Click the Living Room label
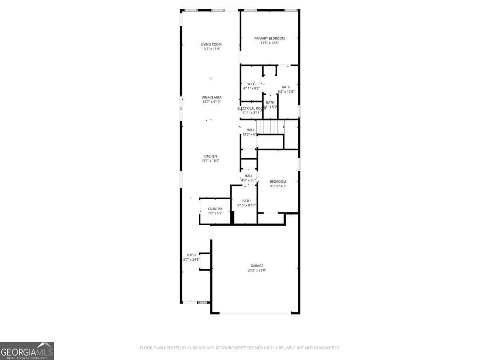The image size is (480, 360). (x=211, y=44)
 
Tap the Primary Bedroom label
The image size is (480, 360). (x=270, y=38)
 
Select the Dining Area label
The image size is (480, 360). (x=211, y=98)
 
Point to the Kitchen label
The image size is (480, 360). (x=210, y=156)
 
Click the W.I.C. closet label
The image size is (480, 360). (x=251, y=84)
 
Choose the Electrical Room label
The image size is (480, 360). (x=251, y=108)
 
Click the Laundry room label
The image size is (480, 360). (x=215, y=209)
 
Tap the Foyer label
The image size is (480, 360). (x=192, y=255)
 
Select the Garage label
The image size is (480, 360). (x=257, y=266)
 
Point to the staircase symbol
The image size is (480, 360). (x=270, y=127)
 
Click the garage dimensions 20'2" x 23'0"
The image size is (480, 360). (x=257, y=270)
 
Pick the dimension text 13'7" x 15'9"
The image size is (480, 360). (x=211, y=49)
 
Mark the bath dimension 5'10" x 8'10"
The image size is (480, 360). (x=246, y=205)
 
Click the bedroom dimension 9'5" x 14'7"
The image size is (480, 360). (x=278, y=186)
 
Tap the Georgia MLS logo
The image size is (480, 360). (x=27, y=351)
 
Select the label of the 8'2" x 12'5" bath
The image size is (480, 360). (x=286, y=87)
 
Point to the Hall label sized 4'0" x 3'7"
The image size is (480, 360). (x=248, y=176)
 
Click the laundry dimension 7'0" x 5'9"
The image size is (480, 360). (x=215, y=213)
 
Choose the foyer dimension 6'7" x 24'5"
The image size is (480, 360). (x=192, y=260)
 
